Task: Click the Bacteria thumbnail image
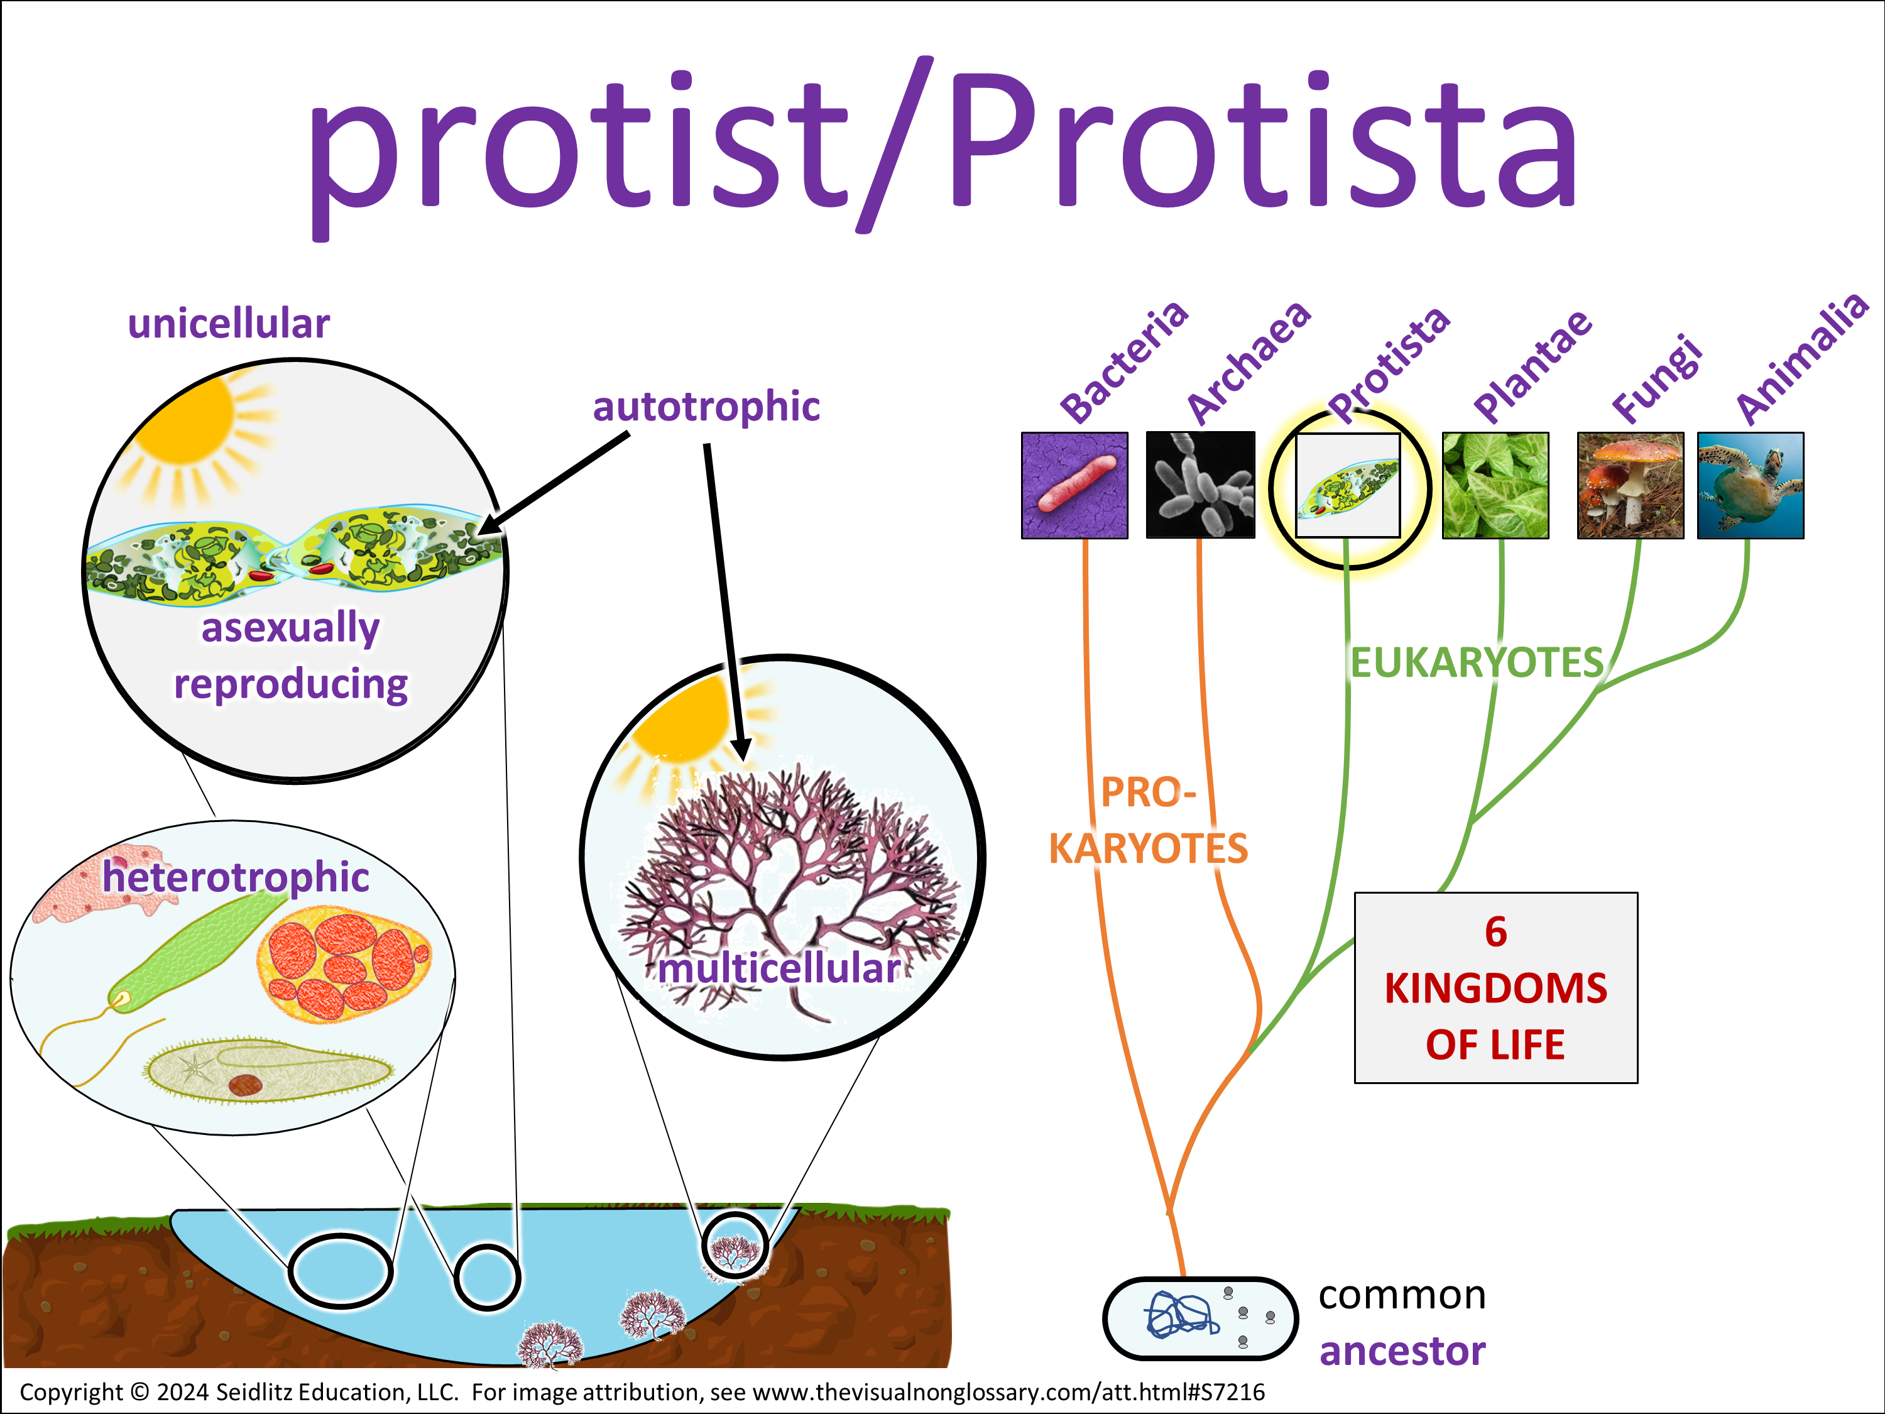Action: tap(1074, 485)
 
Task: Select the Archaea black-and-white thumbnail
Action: tap(1200, 485)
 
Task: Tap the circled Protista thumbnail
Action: tap(1347, 486)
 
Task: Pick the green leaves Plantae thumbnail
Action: tap(1495, 485)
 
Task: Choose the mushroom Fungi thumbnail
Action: tap(1630, 485)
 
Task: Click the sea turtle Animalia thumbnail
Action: tap(1751, 485)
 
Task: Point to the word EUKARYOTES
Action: tap(1477, 663)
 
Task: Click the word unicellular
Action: tap(228, 324)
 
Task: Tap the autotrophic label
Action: tap(706, 407)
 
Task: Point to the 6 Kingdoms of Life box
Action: tap(1495, 988)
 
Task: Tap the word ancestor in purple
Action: tap(1402, 1352)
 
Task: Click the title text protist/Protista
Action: tap(942, 145)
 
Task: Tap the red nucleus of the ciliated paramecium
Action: tap(246, 1084)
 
